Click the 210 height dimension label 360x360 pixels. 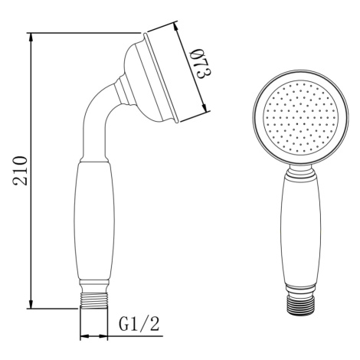(20, 171)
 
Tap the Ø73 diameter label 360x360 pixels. (201, 64)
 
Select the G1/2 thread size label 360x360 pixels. (139, 324)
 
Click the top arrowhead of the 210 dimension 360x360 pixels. (31, 38)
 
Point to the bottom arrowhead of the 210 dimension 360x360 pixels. (31, 304)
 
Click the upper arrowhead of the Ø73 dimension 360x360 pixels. (176, 27)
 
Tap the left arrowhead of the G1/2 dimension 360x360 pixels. (85, 336)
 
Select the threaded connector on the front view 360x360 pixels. (300, 305)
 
